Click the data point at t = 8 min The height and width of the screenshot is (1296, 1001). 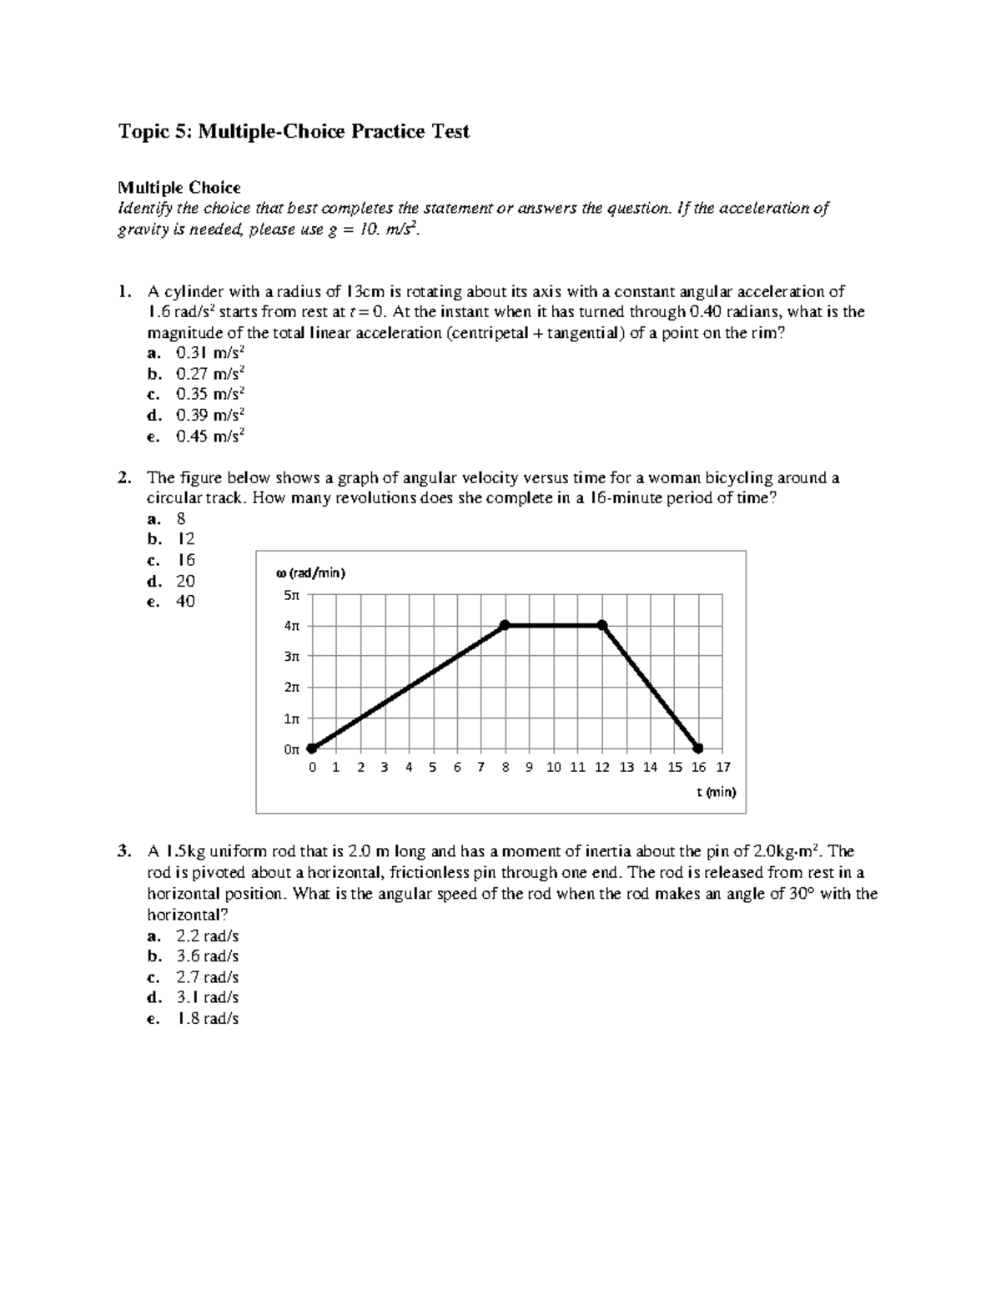pos(505,625)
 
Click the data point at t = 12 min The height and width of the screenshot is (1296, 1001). pos(602,625)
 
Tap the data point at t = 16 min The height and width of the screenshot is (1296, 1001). pos(698,748)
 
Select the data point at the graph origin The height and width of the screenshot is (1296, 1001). pos(311,748)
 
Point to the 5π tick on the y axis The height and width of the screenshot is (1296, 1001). pos(290,595)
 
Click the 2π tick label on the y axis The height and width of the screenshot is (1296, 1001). pos(290,687)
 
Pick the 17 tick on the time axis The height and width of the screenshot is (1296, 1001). pos(722,767)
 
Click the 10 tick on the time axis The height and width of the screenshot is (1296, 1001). pos(554,767)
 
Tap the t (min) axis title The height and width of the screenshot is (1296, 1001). pos(717,792)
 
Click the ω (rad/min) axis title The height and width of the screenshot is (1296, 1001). pos(309,573)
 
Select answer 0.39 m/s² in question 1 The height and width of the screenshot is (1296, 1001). pos(210,415)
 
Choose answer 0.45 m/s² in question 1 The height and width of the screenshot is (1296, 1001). pos(210,436)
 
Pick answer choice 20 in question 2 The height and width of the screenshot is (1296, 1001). pos(185,581)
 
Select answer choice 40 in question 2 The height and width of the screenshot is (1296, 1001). pos(185,602)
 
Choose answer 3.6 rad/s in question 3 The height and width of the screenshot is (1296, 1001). pos(207,956)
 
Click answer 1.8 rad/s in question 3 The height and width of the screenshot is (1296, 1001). pos(207,1019)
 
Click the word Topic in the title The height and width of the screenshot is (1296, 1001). pos(143,132)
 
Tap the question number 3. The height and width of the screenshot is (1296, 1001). pos(123,852)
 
